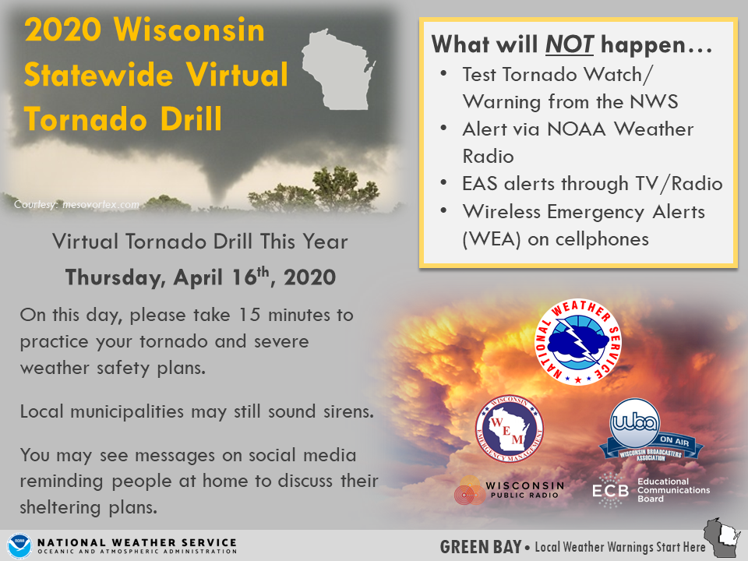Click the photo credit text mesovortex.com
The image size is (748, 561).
pos(101,205)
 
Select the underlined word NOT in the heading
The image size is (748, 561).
pos(569,45)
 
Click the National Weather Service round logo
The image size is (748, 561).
pos(577,341)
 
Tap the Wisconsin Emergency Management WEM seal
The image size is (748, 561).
pos(510,429)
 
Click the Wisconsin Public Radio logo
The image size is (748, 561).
pos(509,489)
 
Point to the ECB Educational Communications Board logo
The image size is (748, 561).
pos(651,490)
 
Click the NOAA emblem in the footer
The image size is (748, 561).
pos(19,546)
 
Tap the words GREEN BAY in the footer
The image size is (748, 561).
pos(481,547)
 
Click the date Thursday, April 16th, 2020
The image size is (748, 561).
pos(200,277)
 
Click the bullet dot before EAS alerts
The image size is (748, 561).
pos(443,183)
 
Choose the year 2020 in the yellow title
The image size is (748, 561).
pos(63,30)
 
